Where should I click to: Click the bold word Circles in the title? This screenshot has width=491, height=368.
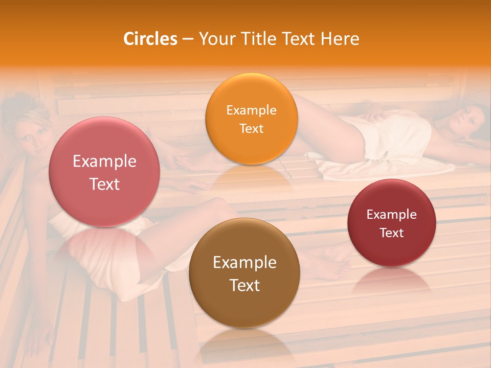(150, 39)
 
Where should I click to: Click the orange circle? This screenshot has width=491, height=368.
(251, 119)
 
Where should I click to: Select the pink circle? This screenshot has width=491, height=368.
(104, 172)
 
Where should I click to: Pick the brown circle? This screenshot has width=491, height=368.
(244, 273)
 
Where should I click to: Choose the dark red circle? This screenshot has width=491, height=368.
(392, 223)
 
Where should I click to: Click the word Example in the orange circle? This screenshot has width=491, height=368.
(251, 110)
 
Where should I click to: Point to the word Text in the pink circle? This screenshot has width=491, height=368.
(104, 184)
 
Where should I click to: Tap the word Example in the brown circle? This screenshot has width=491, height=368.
(244, 262)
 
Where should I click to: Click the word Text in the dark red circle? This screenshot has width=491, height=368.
(392, 233)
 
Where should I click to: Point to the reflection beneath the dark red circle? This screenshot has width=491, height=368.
(392, 281)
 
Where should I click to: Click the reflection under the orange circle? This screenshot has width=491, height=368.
(251, 176)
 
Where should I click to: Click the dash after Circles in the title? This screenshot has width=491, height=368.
(188, 39)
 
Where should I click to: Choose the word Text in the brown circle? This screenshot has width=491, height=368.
(244, 285)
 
